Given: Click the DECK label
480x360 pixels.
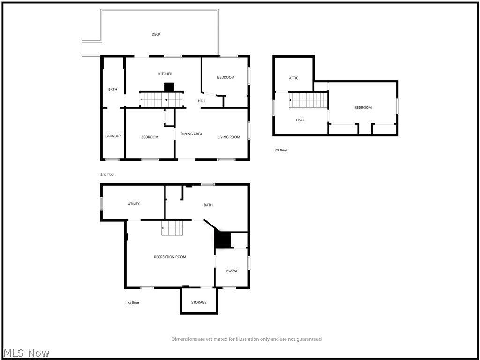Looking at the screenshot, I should (156, 34).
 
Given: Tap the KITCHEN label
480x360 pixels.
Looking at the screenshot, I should (165, 74).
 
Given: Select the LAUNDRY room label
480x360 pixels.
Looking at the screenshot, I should (113, 136).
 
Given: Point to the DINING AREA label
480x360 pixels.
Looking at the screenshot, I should (191, 134).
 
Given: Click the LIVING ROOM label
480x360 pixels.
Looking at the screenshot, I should (229, 137).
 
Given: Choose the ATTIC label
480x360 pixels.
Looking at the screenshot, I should (293, 78).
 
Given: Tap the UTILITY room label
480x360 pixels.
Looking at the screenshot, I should (134, 204).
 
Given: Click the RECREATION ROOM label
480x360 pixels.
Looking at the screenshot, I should (170, 257).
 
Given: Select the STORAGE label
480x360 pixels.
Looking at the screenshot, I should (199, 302).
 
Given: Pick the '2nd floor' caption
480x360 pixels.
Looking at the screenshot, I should (107, 175).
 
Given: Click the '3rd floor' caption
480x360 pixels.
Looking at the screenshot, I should (280, 150).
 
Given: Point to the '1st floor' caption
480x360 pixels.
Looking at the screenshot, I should (133, 303).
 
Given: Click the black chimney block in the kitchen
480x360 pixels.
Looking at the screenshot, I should (169, 87).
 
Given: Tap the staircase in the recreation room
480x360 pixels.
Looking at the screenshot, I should (172, 228).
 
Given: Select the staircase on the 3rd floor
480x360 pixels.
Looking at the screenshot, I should (307, 100).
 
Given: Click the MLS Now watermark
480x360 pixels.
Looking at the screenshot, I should (26, 353).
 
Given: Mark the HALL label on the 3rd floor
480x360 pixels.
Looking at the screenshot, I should (300, 120).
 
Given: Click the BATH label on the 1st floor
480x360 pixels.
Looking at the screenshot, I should (208, 205).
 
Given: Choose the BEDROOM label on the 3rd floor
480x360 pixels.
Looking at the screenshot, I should (363, 108).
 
